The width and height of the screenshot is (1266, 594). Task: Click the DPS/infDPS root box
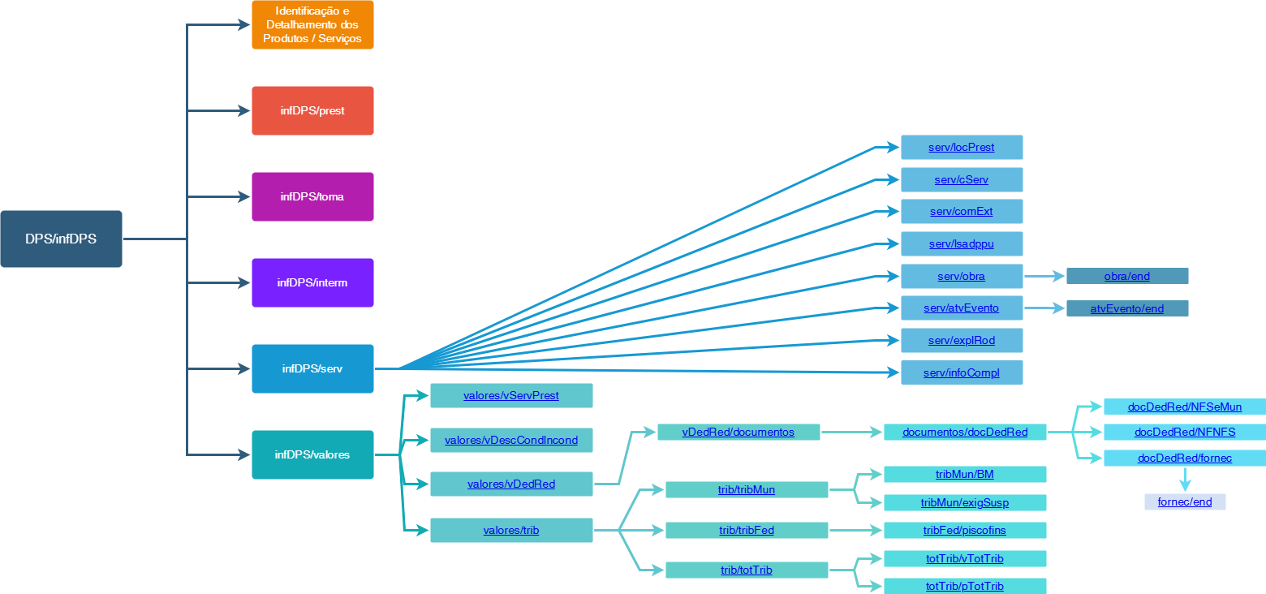pyautogui.click(x=61, y=239)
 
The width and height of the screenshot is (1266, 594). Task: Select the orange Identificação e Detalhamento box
pyautogui.click(x=312, y=25)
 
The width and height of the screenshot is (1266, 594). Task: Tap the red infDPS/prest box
pyautogui.click(x=312, y=110)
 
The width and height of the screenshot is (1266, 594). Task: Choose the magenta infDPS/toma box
pyautogui.click(x=312, y=196)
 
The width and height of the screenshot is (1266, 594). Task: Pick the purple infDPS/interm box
pyautogui.click(x=312, y=282)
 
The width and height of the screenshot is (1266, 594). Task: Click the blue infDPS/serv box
pyautogui.click(x=312, y=368)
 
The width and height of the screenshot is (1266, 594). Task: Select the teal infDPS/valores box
pyautogui.click(x=312, y=454)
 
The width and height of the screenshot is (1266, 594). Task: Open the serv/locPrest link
pyautogui.click(x=961, y=148)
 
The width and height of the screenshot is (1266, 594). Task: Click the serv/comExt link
pyautogui.click(x=961, y=212)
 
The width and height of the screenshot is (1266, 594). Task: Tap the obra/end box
pyautogui.click(x=1126, y=277)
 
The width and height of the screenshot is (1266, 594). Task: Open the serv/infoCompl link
pyautogui.click(x=961, y=372)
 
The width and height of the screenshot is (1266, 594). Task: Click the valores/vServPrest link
pyautogui.click(x=510, y=396)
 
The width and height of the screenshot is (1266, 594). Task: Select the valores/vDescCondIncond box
pyautogui.click(x=510, y=441)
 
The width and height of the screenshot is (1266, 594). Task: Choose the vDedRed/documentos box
pyautogui.click(x=738, y=433)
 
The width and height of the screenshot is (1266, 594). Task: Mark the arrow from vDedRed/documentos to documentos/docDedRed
pyautogui.click(x=851, y=433)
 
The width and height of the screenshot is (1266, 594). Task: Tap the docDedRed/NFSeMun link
pyautogui.click(x=1184, y=407)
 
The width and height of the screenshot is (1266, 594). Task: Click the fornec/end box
pyautogui.click(x=1184, y=502)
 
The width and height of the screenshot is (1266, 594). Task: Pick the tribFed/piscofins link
pyautogui.click(x=964, y=531)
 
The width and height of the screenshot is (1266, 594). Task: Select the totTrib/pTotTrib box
pyautogui.click(x=964, y=587)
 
